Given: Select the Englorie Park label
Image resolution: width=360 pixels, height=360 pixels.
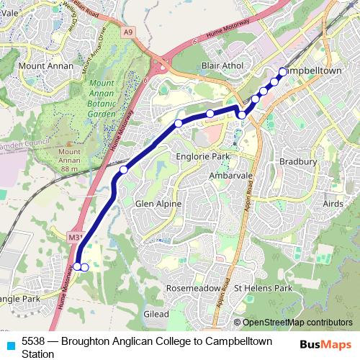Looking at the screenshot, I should point(202,156).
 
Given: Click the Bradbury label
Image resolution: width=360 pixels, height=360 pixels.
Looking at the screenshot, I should point(298,162).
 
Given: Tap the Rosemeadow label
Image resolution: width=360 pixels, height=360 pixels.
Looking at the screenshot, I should point(193,287).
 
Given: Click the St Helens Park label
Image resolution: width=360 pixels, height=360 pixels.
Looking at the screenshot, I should point(263,288).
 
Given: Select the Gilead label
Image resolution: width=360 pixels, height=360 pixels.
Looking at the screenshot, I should point(156,314).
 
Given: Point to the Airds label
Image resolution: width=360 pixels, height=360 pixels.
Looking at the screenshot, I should point(333,204).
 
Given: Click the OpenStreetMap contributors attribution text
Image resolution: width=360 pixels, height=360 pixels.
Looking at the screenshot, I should point(297,323).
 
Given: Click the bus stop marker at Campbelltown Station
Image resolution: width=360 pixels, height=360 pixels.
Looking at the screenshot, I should point(282,71).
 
